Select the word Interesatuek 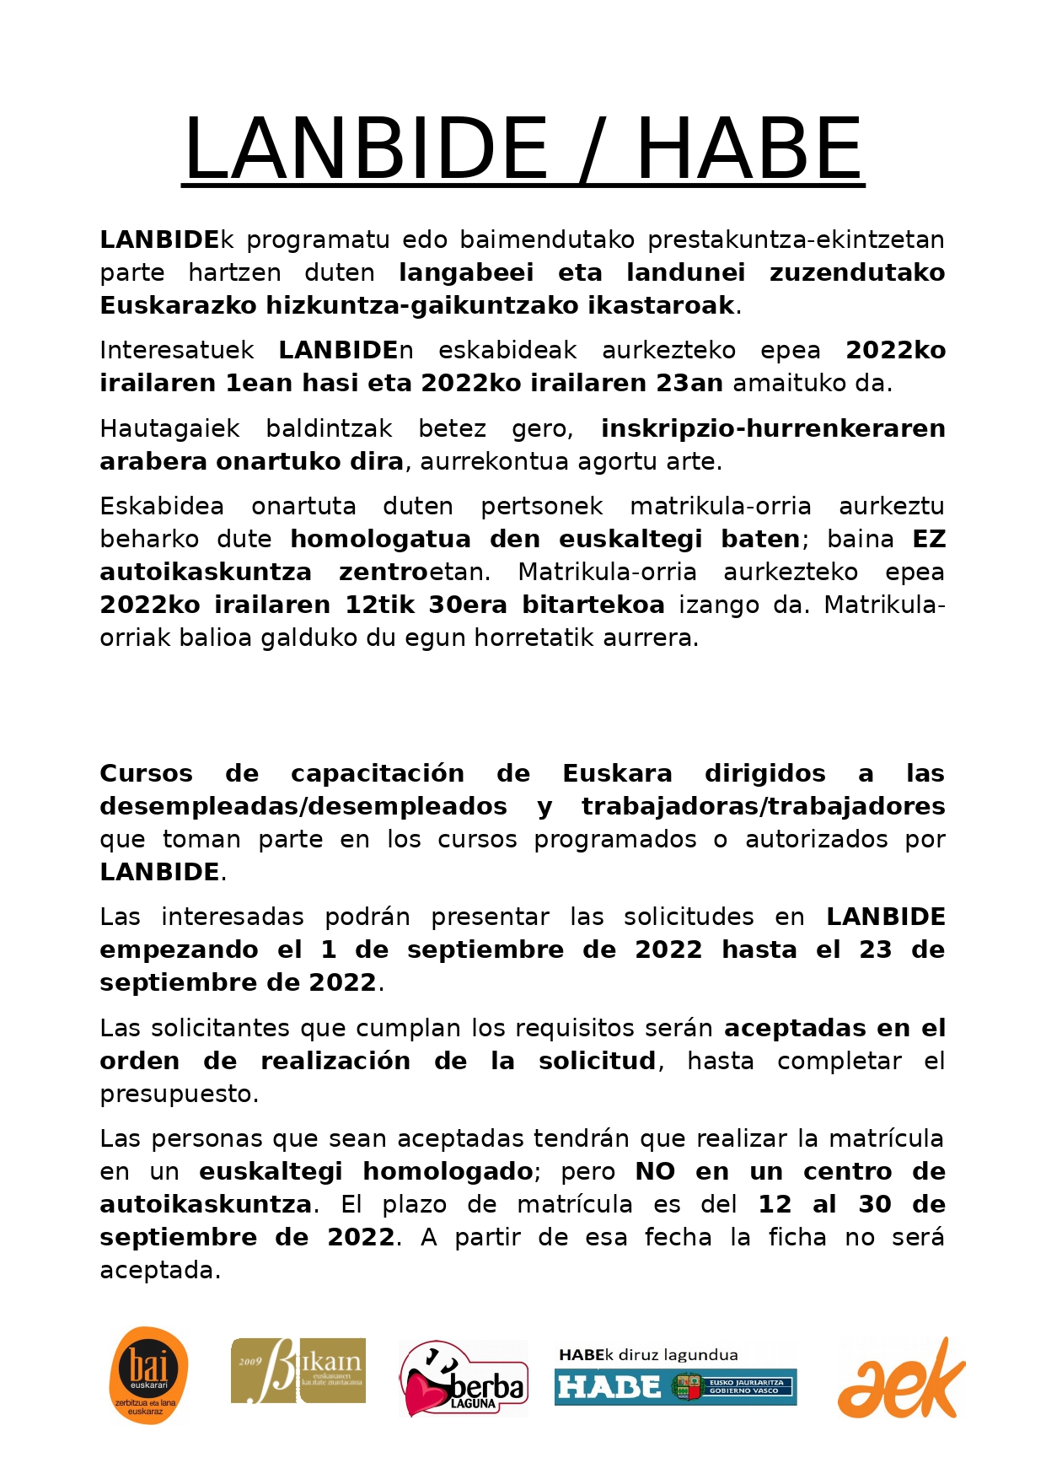(177, 350)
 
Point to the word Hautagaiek (170, 428)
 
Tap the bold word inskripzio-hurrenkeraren (773, 428)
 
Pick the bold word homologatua (380, 539)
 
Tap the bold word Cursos (146, 773)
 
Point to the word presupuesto (178, 1094)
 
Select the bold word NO (655, 1171)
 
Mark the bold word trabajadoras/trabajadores (763, 806)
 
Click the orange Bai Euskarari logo (148, 1375)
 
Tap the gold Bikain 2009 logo (298, 1370)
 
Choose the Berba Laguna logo (463, 1378)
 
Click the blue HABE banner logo (675, 1386)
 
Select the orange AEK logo (901, 1378)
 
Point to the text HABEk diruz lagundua (648, 1355)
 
